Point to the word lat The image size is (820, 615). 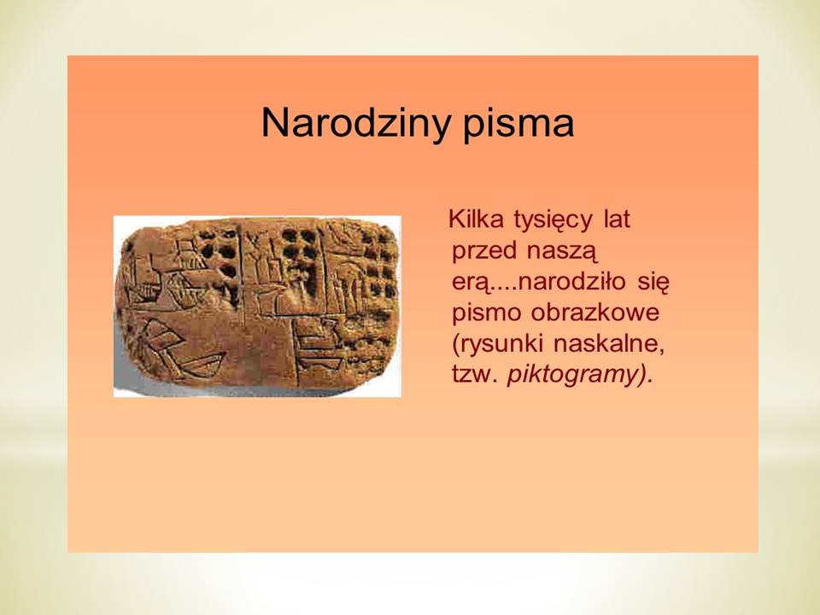(x=617, y=219)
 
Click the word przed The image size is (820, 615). (x=483, y=252)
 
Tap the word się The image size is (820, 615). (x=653, y=284)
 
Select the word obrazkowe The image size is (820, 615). (x=595, y=313)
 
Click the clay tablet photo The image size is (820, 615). (x=257, y=307)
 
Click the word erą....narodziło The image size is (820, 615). (x=539, y=284)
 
